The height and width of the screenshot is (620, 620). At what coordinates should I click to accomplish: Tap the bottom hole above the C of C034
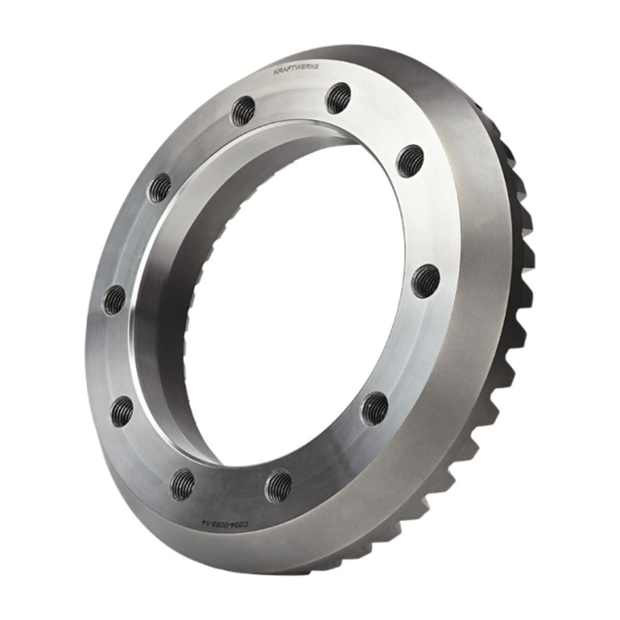[280, 484]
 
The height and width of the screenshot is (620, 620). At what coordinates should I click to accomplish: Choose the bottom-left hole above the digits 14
[183, 482]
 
